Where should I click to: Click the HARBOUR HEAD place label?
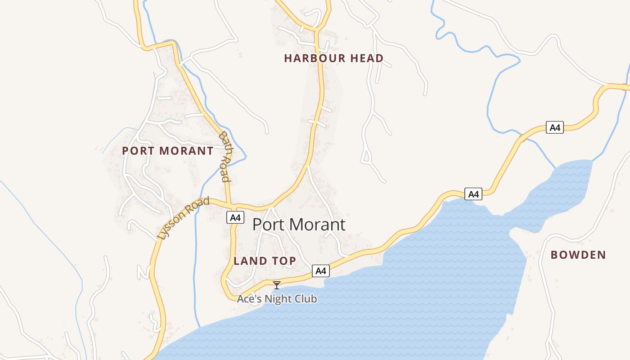pyautogui.click(x=333, y=58)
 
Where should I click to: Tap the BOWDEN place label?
pyautogui.click(x=578, y=255)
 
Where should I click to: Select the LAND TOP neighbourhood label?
pyautogui.click(x=265, y=261)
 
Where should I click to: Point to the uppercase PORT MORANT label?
pyautogui.click(x=167, y=151)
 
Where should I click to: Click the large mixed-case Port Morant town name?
pyautogui.click(x=299, y=225)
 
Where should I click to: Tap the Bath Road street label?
pyautogui.click(x=225, y=156)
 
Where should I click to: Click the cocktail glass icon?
pyautogui.click(x=277, y=285)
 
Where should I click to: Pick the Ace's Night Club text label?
pyautogui.click(x=277, y=299)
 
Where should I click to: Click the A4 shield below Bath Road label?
pyautogui.click(x=235, y=218)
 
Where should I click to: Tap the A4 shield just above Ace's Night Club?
pyautogui.click(x=320, y=271)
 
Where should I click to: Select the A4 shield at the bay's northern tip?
pyautogui.click(x=473, y=194)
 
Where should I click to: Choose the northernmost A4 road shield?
pyautogui.click(x=555, y=127)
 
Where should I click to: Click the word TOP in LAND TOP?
pyautogui.click(x=283, y=261)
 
